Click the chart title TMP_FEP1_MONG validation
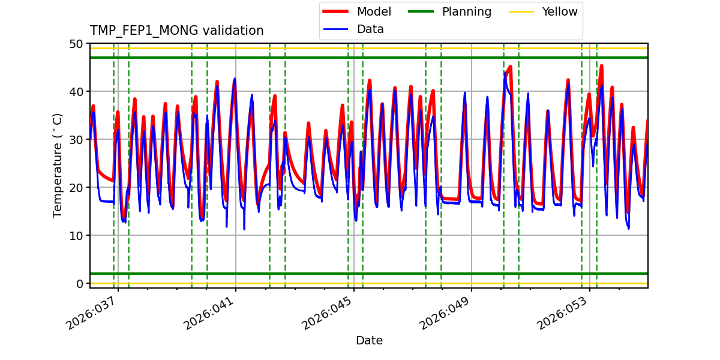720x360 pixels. pyautogui.click(x=176, y=31)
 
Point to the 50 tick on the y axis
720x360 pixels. pyautogui.click(x=76, y=44)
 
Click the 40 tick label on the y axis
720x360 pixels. pyautogui.click(x=76, y=92)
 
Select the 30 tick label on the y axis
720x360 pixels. pyautogui.click(x=76, y=140)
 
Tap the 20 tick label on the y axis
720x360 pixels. pyautogui.click(x=76, y=188)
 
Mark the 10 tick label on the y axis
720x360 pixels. pyautogui.click(x=76, y=236)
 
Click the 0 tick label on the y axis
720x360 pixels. pyautogui.click(x=80, y=284)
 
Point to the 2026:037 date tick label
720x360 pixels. pyautogui.click(x=92, y=314)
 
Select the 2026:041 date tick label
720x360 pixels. pyautogui.click(x=210, y=314)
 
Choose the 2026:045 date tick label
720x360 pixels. pyautogui.click(x=328, y=314)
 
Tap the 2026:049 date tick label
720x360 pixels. pyautogui.click(x=446, y=314)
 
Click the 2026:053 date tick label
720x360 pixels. pyautogui.click(x=564, y=314)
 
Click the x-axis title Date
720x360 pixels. pyautogui.click(x=369, y=341)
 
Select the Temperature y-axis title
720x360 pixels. pyautogui.click(x=58, y=166)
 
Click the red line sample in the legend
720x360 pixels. pyautogui.click(x=337, y=12)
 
